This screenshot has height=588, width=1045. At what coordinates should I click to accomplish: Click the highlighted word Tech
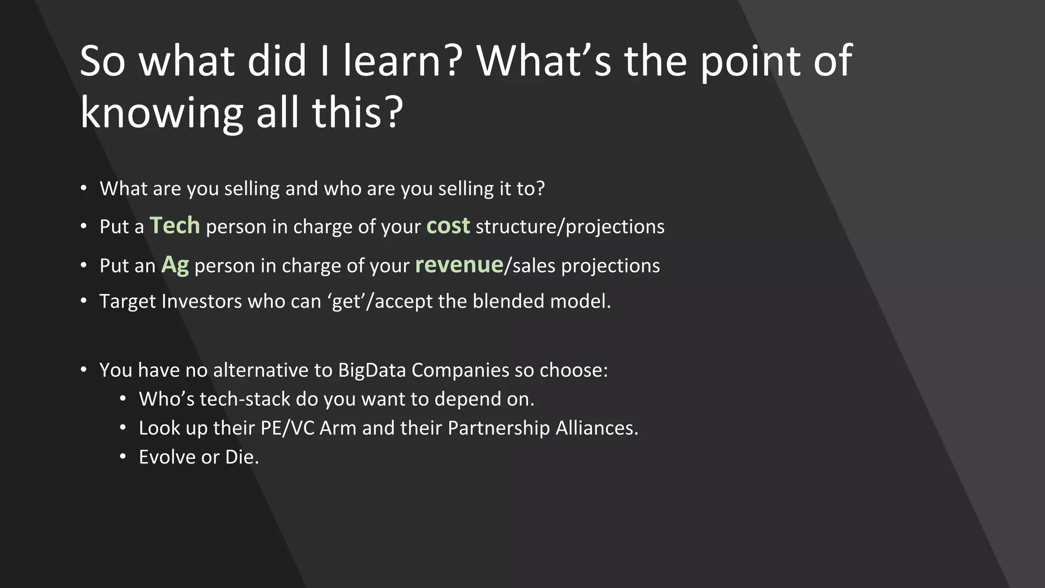tap(175, 226)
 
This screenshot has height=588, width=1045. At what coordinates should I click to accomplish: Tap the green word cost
tap(447, 226)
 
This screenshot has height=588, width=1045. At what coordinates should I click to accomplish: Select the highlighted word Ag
tap(175, 265)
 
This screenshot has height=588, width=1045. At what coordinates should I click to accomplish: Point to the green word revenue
tap(459, 265)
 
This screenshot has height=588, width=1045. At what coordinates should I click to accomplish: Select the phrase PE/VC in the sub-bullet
tap(287, 428)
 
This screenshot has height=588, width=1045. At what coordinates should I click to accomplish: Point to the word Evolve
tap(167, 457)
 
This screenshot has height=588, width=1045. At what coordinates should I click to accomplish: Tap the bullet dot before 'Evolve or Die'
tap(122, 456)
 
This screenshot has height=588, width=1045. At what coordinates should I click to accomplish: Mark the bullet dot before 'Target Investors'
tap(84, 301)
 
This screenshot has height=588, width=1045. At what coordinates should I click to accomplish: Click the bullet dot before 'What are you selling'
tap(84, 188)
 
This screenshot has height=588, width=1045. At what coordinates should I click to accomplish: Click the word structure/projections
tap(569, 227)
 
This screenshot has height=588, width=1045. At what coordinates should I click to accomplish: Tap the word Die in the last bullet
tap(241, 457)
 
